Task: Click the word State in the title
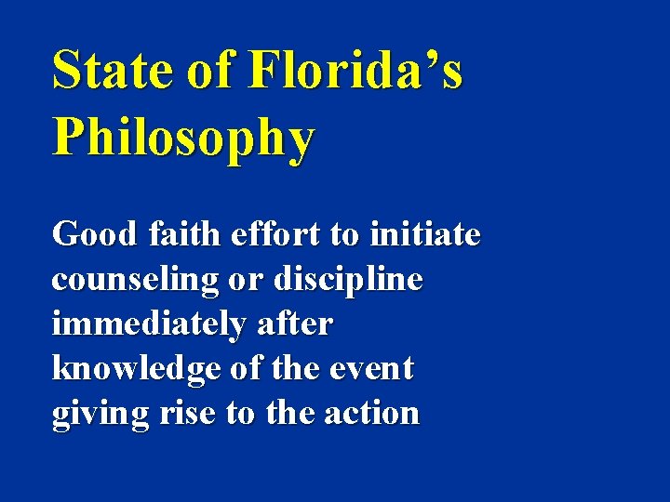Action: coord(112,70)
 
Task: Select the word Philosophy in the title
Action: coord(183,139)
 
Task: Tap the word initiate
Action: coord(424,233)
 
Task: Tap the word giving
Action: coord(100,414)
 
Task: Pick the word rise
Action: coord(186,414)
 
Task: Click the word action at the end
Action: coord(373,414)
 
